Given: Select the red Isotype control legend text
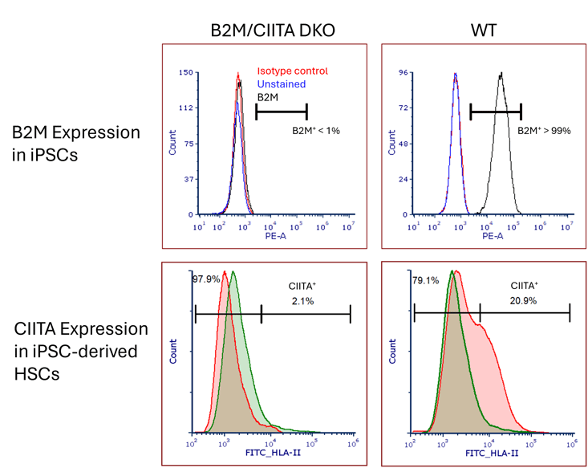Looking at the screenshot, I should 293,71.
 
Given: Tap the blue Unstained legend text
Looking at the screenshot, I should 281,84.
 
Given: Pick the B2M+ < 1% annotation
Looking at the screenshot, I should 315,130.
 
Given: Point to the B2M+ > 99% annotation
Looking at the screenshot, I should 544,130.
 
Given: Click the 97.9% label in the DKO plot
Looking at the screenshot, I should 205,279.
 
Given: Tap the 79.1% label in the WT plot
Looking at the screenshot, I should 424,281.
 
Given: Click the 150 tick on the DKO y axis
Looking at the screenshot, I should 185,72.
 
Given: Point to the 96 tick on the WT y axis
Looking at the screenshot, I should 405,72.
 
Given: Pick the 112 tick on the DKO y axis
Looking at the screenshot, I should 185,108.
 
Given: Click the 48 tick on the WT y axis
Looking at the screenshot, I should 405,144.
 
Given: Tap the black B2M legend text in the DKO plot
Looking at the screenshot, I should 267,96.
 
